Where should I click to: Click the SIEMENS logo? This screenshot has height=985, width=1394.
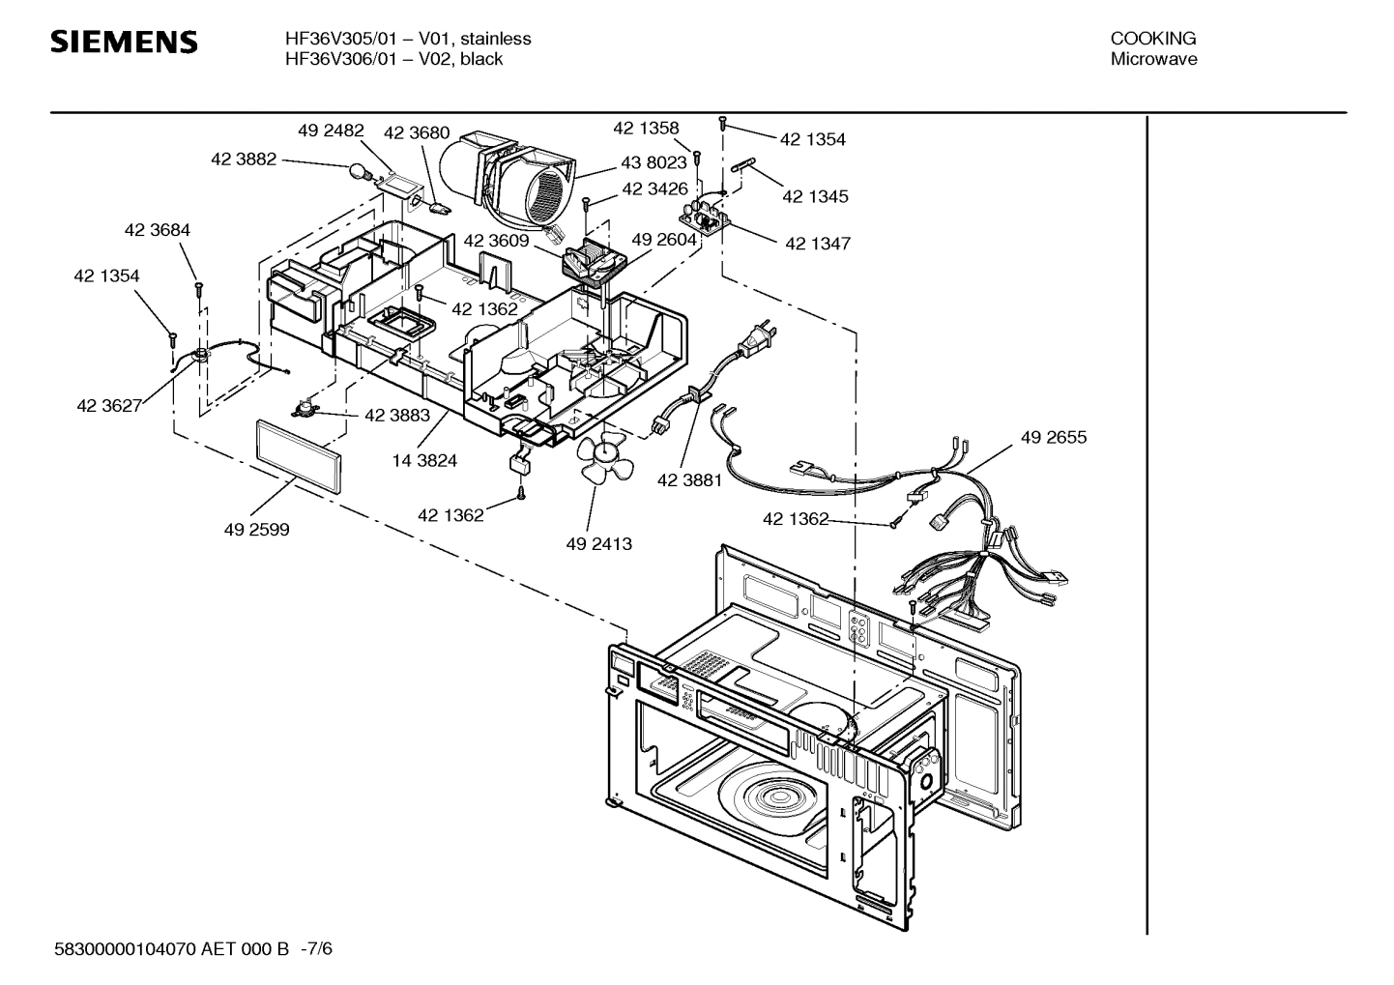(x=124, y=43)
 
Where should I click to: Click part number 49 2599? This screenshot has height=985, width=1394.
(x=256, y=530)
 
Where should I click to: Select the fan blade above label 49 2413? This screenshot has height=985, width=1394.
(x=602, y=459)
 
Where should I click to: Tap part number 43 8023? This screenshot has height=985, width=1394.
(x=653, y=163)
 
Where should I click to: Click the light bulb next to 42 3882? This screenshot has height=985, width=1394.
(x=363, y=172)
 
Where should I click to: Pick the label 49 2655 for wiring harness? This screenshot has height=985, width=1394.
(x=1053, y=438)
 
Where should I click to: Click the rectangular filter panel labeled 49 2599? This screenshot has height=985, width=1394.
(x=299, y=457)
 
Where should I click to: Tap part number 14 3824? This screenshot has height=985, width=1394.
(x=424, y=461)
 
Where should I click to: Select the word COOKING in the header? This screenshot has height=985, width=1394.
(x=1152, y=39)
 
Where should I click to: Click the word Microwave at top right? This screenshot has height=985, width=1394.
(x=1152, y=59)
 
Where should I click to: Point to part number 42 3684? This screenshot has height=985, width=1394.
(x=157, y=230)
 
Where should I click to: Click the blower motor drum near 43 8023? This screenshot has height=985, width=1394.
(x=503, y=177)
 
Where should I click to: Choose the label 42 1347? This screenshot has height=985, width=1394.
(x=818, y=244)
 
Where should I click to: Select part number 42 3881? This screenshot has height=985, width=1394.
(x=689, y=480)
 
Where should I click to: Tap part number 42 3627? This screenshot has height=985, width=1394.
(x=109, y=406)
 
